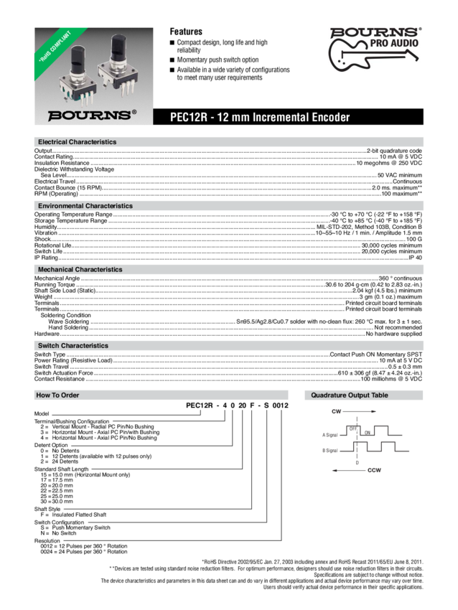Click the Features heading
185,32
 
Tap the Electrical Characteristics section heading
77,142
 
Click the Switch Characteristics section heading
73,346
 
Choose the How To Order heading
58,395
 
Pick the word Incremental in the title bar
279,117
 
